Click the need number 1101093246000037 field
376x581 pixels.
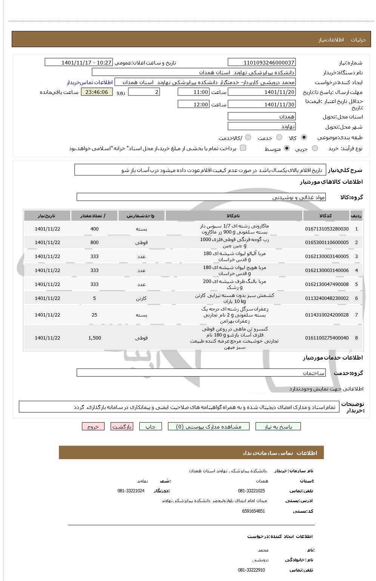click(262, 63)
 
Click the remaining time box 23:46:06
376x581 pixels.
click(97, 92)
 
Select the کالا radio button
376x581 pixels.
click(304, 138)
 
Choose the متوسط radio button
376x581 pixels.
click(287, 149)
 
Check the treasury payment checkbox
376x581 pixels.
click(243, 148)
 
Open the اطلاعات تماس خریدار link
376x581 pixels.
click(90, 82)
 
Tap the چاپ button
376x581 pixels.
click(151, 427)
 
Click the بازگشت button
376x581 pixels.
click(122, 427)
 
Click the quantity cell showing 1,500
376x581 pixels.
click(94, 338)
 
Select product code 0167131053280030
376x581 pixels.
click(327, 229)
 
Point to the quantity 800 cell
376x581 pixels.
click(94, 243)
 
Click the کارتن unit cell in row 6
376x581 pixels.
click(141, 298)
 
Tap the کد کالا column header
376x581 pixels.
click(325, 216)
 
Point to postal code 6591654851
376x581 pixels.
click(253, 511)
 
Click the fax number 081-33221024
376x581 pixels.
click(131, 491)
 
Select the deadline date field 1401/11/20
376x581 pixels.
click(262, 92)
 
